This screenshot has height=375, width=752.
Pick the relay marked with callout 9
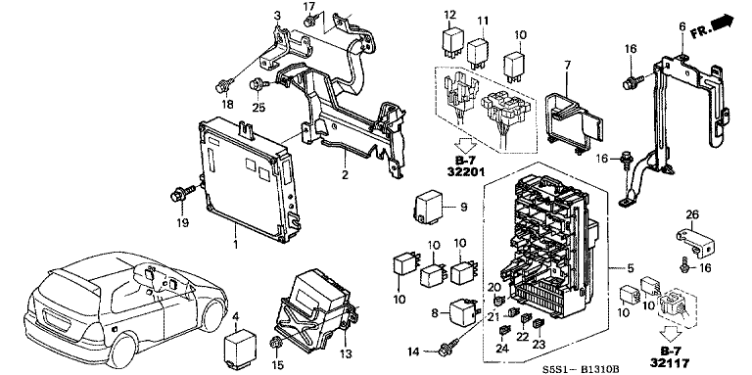point(430,208)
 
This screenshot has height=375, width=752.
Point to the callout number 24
point(502,347)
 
